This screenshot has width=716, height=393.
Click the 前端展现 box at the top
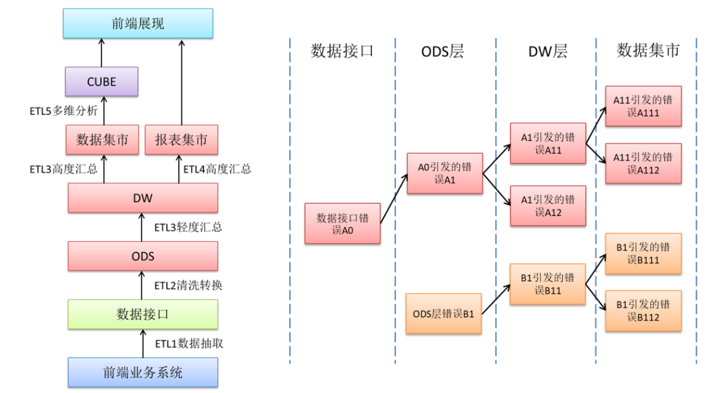click(138, 23)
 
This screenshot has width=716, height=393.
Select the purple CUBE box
click(101, 82)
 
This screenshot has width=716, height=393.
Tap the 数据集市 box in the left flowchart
click(102, 140)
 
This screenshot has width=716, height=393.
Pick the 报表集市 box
click(181, 140)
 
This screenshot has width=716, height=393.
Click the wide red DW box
click(143, 198)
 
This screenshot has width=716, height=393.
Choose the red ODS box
click(143, 256)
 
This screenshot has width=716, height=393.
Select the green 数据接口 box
click(143, 314)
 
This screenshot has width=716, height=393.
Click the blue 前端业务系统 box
click(143, 372)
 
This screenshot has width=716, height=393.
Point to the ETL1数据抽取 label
click(188, 343)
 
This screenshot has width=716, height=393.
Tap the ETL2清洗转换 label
click(188, 285)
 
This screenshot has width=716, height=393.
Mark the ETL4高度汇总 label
click(217, 169)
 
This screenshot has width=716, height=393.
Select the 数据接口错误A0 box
click(342, 223)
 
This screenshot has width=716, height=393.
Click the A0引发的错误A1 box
click(444, 174)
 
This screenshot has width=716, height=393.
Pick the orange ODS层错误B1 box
click(444, 313)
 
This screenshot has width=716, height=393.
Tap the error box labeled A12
click(548, 205)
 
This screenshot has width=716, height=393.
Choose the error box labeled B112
click(643, 311)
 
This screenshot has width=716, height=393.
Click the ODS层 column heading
click(442, 51)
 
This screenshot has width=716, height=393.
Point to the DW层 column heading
click(548, 51)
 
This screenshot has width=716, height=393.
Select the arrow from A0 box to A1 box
click(394, 198)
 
